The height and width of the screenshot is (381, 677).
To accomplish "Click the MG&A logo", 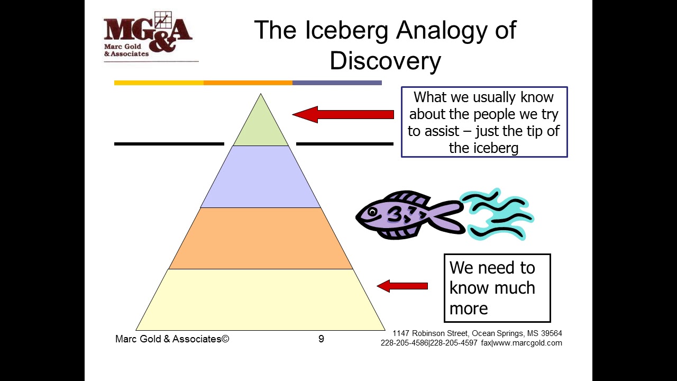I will (x=148, y=35).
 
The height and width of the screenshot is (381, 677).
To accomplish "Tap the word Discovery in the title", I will (x=385, y=61).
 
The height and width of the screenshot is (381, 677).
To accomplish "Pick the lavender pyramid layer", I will (x=261, y=177).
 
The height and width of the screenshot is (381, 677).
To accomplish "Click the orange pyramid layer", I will (x=261, y=238).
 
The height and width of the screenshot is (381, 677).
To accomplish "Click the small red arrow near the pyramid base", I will (x=402, y=286).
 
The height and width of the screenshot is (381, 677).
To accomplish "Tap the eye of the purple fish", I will (x=372, y=212).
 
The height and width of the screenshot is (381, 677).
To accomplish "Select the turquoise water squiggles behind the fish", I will (x=497, y=214).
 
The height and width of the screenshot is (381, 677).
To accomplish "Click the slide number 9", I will (x=321, y=339).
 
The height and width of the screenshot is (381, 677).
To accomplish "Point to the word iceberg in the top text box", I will (x=483, y=148).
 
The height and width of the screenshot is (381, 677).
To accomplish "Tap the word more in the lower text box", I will (x=469, y=308).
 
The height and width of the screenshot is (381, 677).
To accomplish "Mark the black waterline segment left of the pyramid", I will (x=169, y=143).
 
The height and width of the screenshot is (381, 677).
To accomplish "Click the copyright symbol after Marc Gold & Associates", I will (x=225, y=339).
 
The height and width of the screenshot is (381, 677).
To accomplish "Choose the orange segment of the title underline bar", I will (x=248, y=83).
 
